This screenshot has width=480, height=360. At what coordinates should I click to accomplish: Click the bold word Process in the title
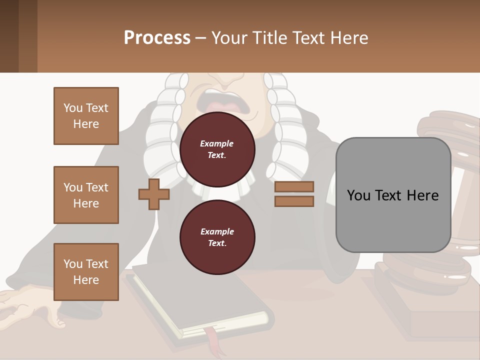coord(157,38)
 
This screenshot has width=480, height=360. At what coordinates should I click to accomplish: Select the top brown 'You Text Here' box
coord(86,116)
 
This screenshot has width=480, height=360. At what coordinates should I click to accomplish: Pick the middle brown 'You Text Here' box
coord(86,195)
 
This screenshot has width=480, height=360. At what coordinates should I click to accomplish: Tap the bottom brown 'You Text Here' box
coord(86,272)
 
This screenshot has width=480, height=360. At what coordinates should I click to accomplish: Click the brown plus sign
coord(154,194)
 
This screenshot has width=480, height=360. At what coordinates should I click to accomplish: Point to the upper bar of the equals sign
coord(294,186)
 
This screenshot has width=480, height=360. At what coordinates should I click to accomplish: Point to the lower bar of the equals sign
coord(294,201)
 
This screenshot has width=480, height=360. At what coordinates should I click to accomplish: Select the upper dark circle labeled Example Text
coord(217,149)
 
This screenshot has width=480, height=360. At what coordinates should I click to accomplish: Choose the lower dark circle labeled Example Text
coord(217,237)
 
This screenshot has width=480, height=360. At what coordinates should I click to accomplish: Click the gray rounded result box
coord(393,195)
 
